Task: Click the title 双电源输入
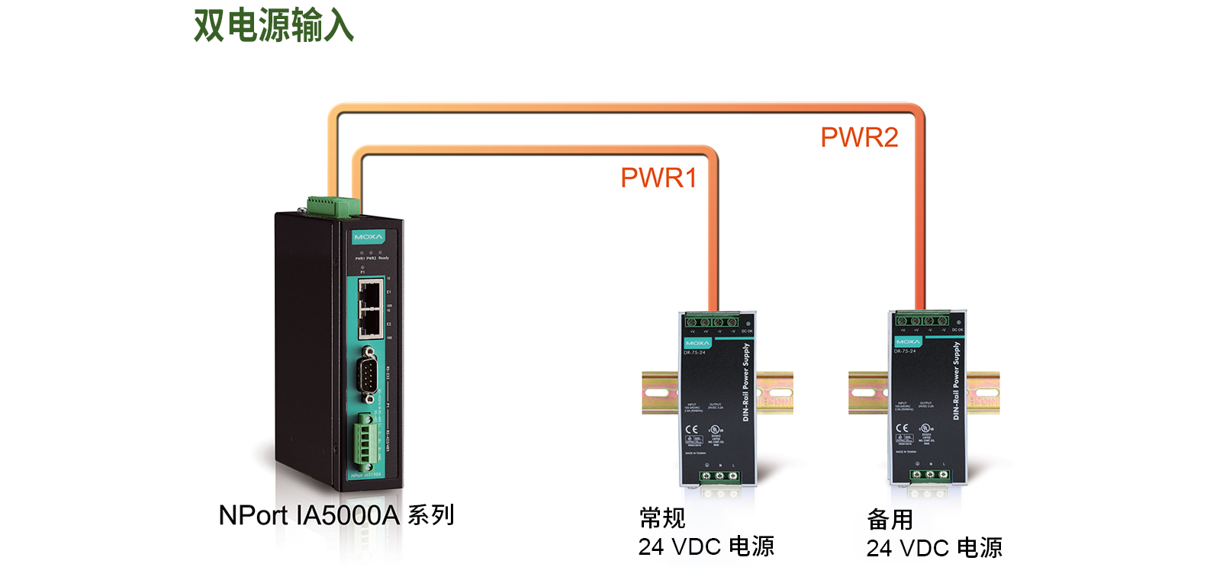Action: (273, 25)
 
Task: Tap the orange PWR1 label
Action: (658, 178)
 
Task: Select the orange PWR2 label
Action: (859, 137)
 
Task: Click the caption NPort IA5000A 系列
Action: (336, 515)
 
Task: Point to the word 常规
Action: (662, 518)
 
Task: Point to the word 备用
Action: (890, 520)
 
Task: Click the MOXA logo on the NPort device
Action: (368, 237)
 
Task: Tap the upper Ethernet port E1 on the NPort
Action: (370, 293)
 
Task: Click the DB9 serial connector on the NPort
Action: (369, 374)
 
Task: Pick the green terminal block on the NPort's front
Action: (365, 441)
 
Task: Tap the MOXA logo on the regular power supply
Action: (697, 343)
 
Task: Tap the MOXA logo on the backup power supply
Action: (908, 341)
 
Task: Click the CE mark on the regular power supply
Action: (691, 429)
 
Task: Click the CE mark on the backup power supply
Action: (902, 428)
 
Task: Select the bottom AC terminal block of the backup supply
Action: (928, 475)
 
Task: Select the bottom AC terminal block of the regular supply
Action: (719, 476)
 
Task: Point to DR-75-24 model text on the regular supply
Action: (694, 352)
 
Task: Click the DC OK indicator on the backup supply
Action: (957, 322)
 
